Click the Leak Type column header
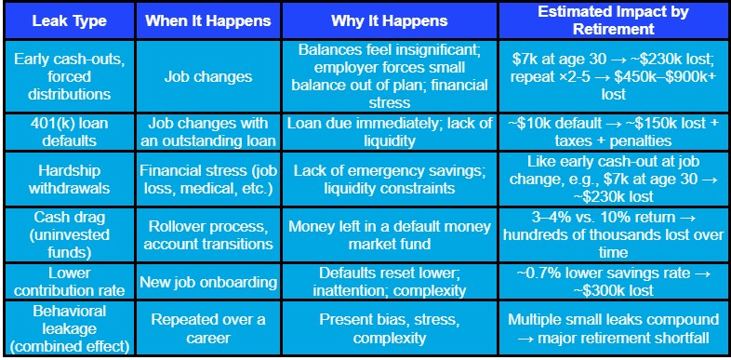coord(68,20)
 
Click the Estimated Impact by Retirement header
coord(614,20)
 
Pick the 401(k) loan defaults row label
coord(68,131)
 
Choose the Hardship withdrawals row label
coord(68,180)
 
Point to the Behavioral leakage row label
coord(68,330)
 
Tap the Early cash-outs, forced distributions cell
coord(68,76)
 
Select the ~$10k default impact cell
coord(614,131)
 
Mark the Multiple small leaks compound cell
coord(614,330)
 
